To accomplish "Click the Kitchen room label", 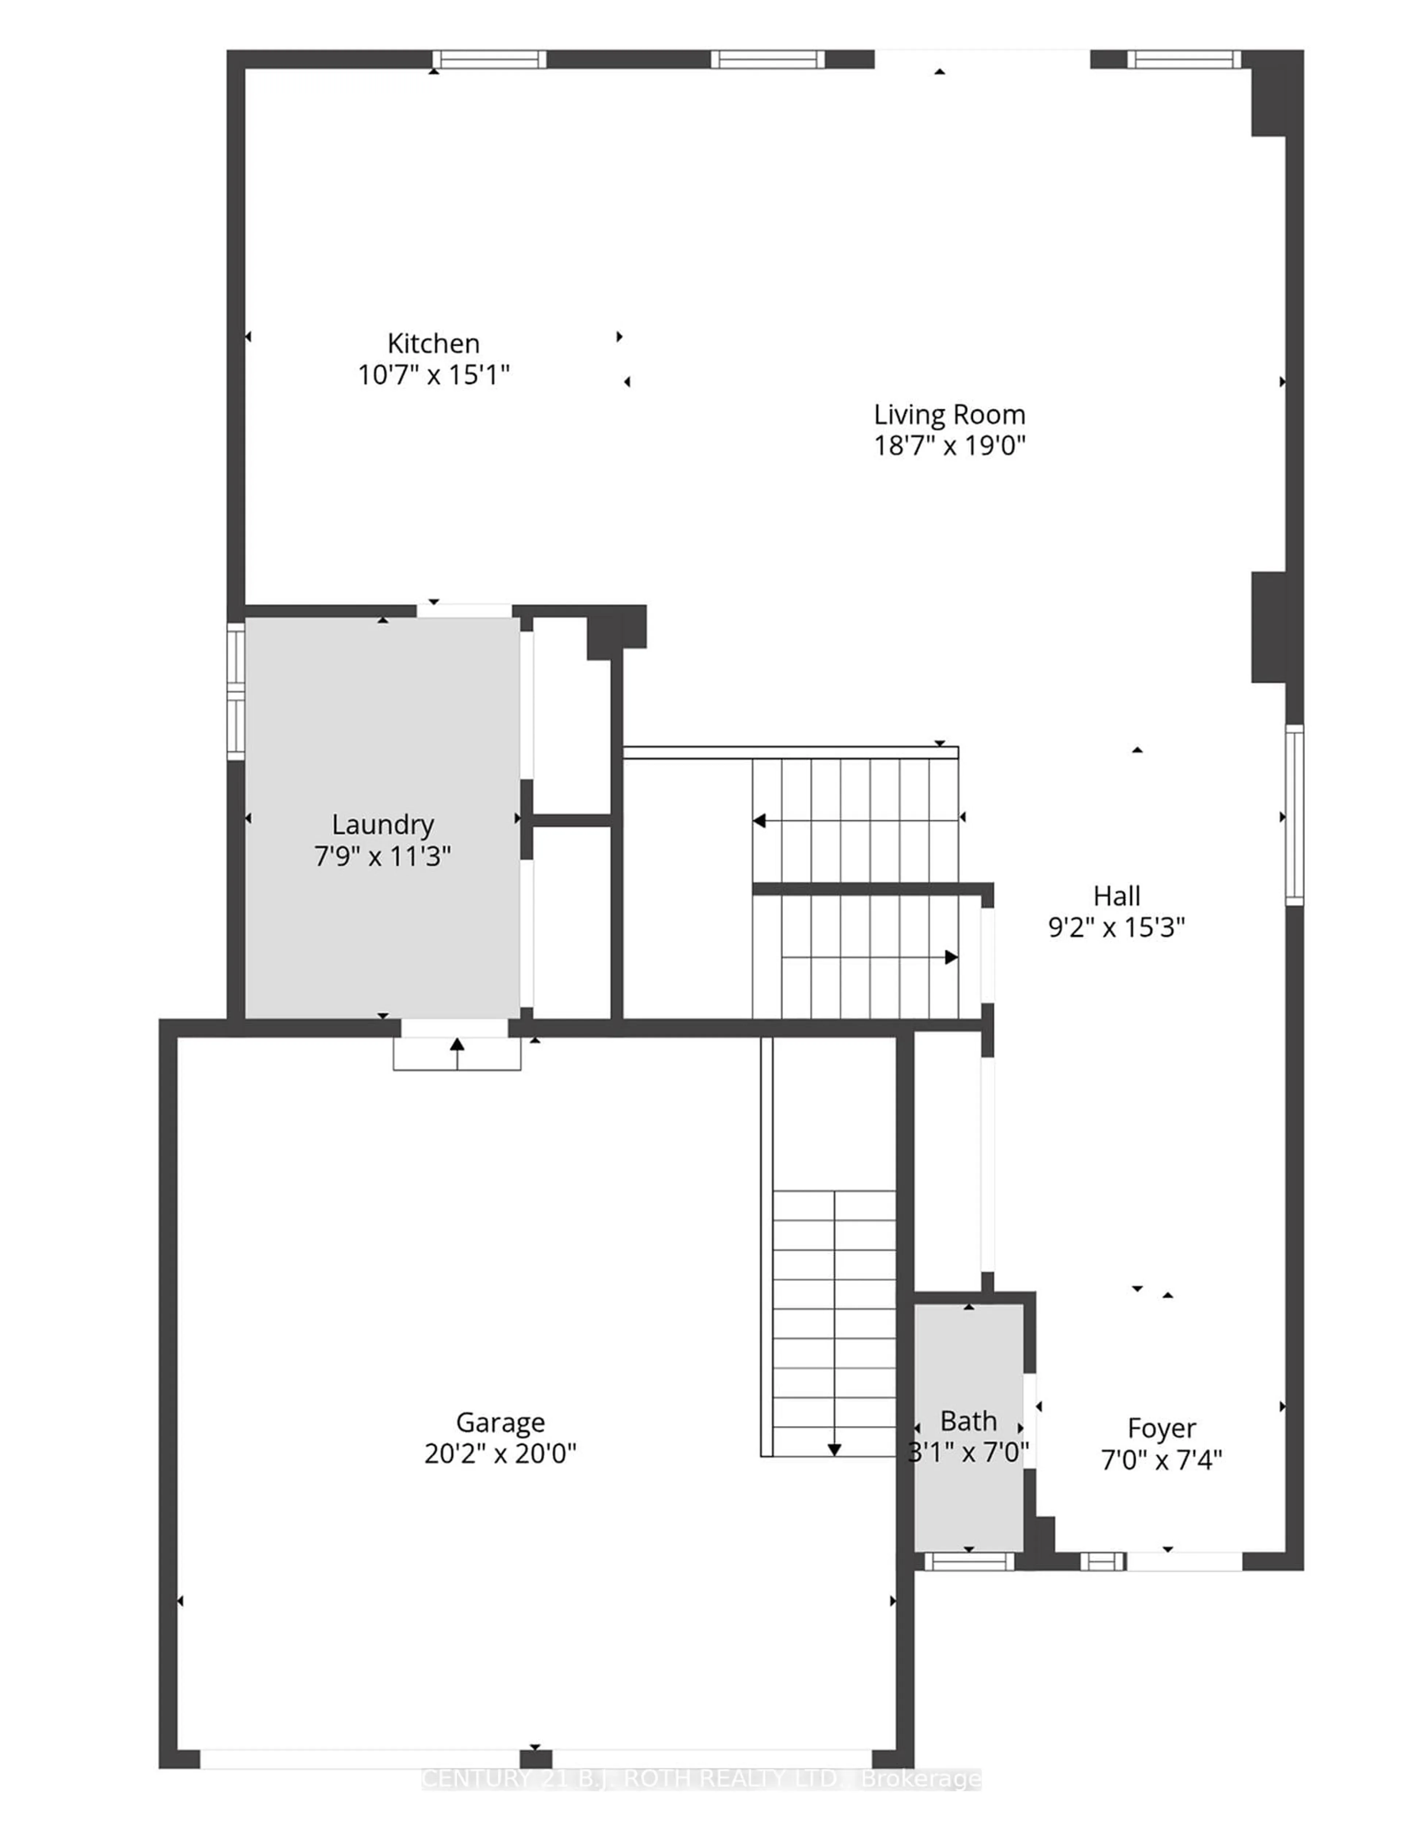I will [x=433, y=344].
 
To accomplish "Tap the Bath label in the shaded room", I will [x=968, y=1420].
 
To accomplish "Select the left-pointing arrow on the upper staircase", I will [x=760, y=821].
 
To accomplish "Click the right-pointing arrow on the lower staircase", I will [x=950, y=957].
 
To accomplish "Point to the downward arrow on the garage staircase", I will [x=834, y=1450].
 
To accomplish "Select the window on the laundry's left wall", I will [x=236, y=691].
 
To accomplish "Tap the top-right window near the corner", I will [x=1183, y=59].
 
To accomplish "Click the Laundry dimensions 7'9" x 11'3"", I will [x=383, y=856].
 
